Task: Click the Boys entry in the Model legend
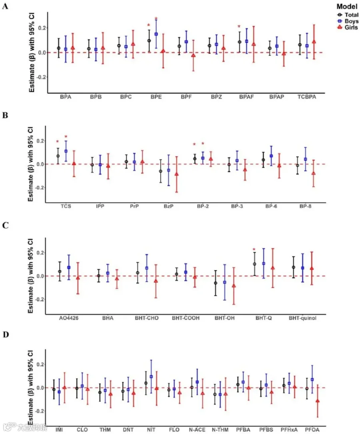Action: (348, 21)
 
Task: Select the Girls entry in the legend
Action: (348, 27)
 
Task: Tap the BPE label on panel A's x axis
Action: (156, 97)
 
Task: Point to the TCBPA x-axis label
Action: (307, 97)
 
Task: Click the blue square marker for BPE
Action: (156, 34)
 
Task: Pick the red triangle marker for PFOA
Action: (318, 401)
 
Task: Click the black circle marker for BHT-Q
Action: (254, 264)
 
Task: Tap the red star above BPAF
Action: (239, 26)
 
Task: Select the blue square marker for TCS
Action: (66, 151)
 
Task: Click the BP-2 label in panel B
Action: (203, 206)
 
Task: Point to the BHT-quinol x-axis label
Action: (302, 318)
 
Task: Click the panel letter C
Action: (5, 225)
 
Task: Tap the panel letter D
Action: (6, 335)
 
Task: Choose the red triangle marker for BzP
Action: (176, 174)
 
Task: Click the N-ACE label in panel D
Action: (197, 430)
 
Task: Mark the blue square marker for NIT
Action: (151, 376)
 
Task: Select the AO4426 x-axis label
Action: (68, 318)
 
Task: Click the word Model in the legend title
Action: (347, 6)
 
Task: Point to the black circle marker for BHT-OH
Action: (216, 283)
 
